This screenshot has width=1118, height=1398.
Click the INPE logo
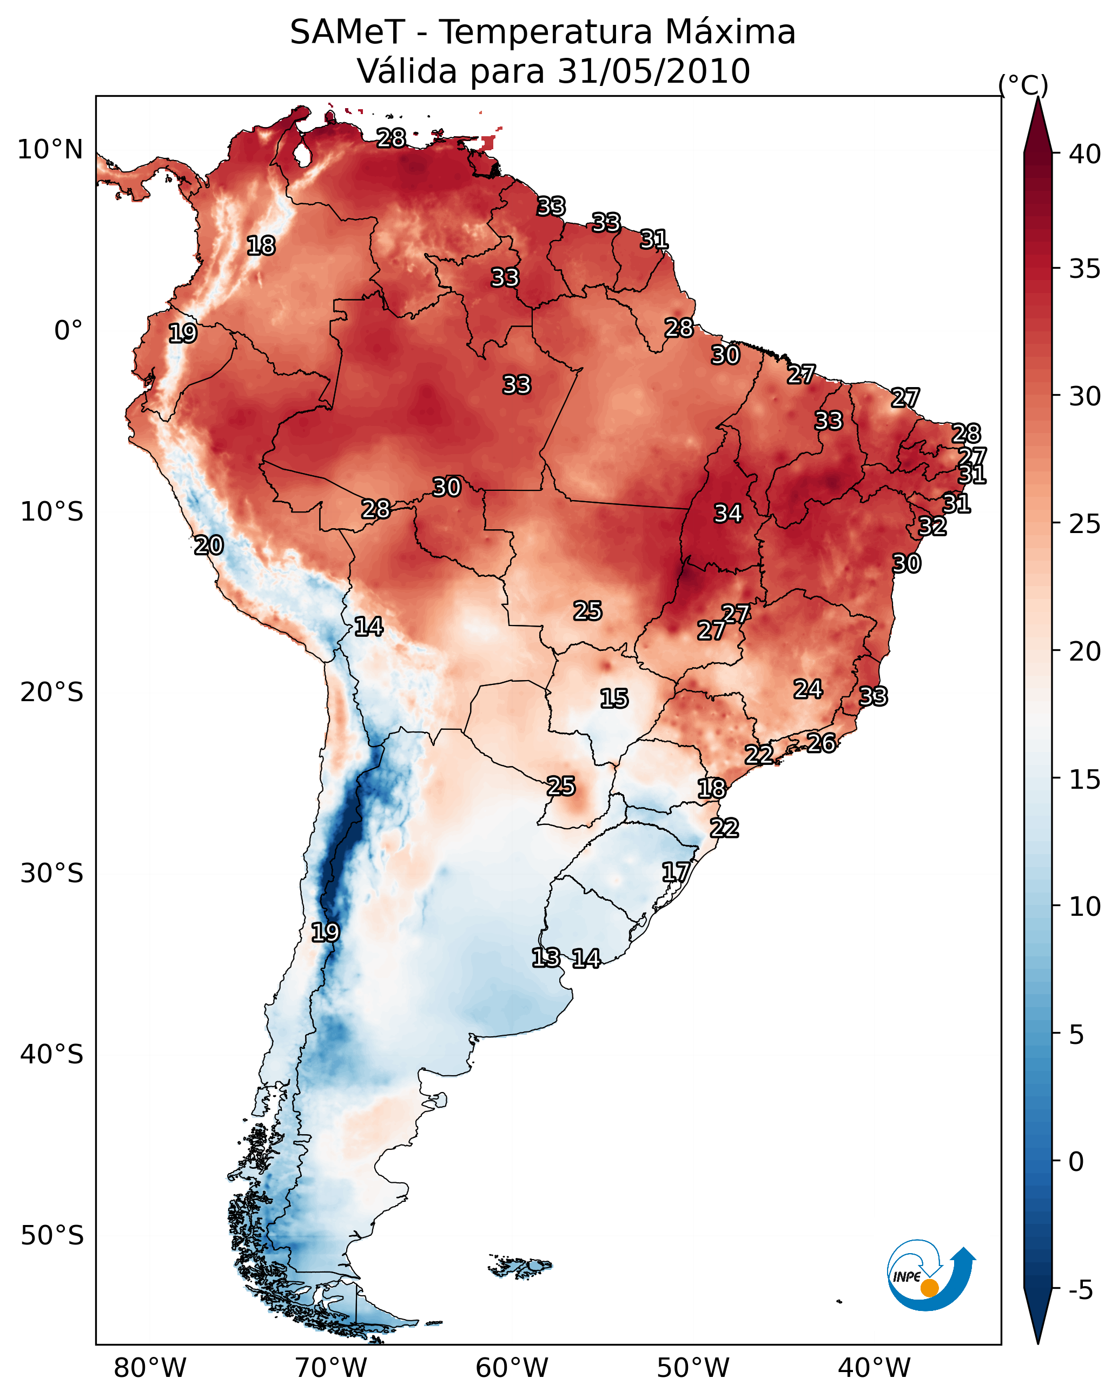point(930,1276)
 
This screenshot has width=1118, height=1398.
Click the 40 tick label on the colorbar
point(1085,154)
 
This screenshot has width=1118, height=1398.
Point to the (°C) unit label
point(1023,85)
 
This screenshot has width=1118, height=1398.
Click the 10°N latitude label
point(50,150)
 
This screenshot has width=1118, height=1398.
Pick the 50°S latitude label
point(52,1236)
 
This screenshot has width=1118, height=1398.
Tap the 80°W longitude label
point(150,1369)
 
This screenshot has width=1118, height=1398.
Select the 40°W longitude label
point(874,1369)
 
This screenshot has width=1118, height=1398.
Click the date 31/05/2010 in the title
point(653,71)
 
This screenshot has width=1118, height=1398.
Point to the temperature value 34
point(728,514)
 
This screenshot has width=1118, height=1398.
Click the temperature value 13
point(546,958)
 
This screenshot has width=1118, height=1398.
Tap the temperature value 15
point(614,699)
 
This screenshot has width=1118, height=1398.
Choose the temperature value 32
point(932,527)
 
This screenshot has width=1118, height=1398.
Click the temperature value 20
point(209,546)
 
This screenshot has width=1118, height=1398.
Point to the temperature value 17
point(676,872)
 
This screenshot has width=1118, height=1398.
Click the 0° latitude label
point(68,331)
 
